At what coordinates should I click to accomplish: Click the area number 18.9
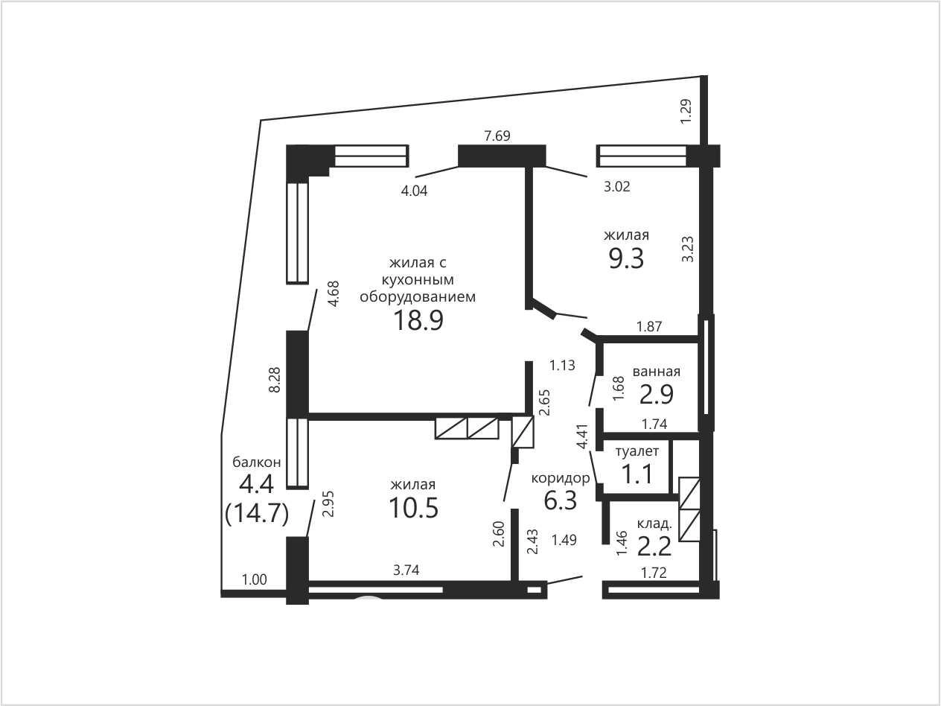click(x=418, y=321)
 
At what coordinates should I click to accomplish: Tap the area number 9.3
click(x=626, y=259)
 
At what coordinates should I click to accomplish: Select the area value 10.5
click(x=414, y=508)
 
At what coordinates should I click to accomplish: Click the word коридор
click(x=561, y=477)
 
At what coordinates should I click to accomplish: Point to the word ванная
click(x=657, y=371)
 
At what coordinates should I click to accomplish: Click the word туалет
click(x=637, y=451)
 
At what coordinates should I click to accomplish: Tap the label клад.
click(x=654, y=524)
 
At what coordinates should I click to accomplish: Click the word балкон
click(x=256, y=462)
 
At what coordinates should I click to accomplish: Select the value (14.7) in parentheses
click(x=257, y=513)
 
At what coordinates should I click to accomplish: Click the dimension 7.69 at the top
click(x=497, y=136)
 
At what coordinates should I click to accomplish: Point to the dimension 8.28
click(x=275, y=380)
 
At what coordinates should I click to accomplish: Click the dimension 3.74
click(x=406, y=570)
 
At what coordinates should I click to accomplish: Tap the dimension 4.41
click(x=583, y=436)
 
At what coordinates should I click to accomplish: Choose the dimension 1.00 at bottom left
click(x=254, y=579)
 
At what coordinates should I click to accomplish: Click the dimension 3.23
click(x=688, y=249)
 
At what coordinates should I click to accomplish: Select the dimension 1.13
click(x=562, y=365)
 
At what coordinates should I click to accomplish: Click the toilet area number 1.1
click(x=637, y=474)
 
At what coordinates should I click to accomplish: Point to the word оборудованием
click(x=418, y=296)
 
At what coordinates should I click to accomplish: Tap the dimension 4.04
click(x=414, y=191)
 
